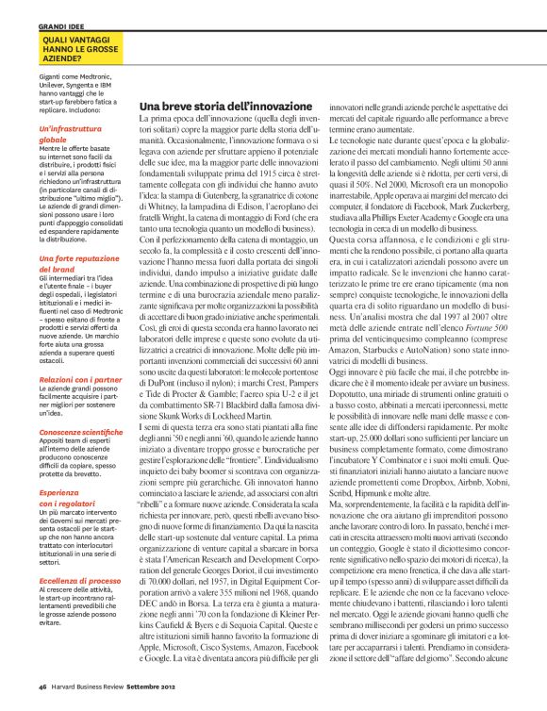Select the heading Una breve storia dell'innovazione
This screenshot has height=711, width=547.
pos(224,109)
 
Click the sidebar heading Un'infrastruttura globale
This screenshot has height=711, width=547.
pos(69,133)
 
